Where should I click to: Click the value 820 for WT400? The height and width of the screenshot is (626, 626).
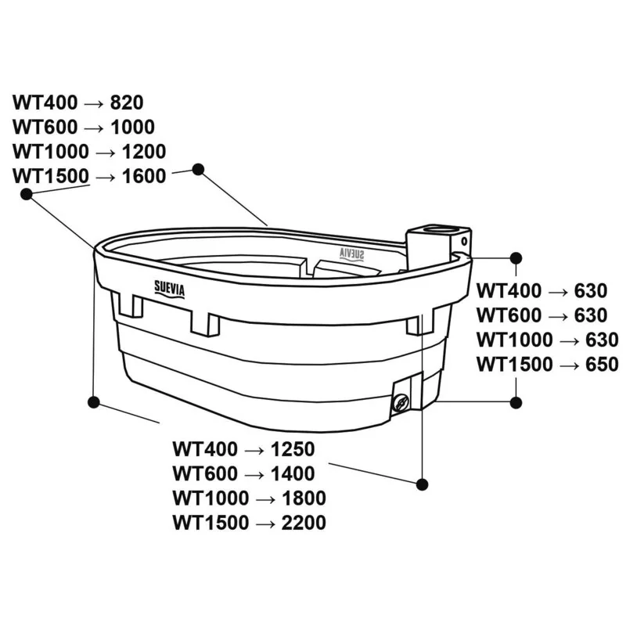pos(127,103)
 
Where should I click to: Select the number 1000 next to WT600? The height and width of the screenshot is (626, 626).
pos(132,128)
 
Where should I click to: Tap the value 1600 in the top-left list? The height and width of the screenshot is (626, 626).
pos(144,176)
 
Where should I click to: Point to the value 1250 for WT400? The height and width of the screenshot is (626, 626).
pos(293,449)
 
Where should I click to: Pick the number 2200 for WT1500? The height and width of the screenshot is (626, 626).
pos(304,523)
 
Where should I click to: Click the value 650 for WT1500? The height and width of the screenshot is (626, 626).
pos(602,365)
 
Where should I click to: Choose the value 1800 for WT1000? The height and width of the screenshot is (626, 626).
pos(304,498)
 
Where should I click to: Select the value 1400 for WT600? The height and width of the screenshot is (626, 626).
pos(293,474)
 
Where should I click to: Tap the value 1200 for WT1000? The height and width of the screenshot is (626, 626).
pos(144,152)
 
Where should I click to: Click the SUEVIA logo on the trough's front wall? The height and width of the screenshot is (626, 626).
pos(170,289)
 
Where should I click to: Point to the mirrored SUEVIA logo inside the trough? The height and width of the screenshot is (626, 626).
pos(351,254)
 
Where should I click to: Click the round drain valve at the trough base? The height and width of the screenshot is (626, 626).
pos(401,402)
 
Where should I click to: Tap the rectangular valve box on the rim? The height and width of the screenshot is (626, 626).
pos(438,246)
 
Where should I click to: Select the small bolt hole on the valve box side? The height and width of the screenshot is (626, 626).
pos(464,241)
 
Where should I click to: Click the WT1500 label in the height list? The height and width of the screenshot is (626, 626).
pos(514,365)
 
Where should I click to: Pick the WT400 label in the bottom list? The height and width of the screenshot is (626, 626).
pos(205,449)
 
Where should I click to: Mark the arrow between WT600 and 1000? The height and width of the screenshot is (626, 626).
pos(94,128)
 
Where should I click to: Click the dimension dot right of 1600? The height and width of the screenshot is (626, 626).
pos(199,169)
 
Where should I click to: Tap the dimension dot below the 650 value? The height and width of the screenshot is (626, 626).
pos(516,402)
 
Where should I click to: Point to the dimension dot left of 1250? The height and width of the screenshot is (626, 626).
pos(94,402)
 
